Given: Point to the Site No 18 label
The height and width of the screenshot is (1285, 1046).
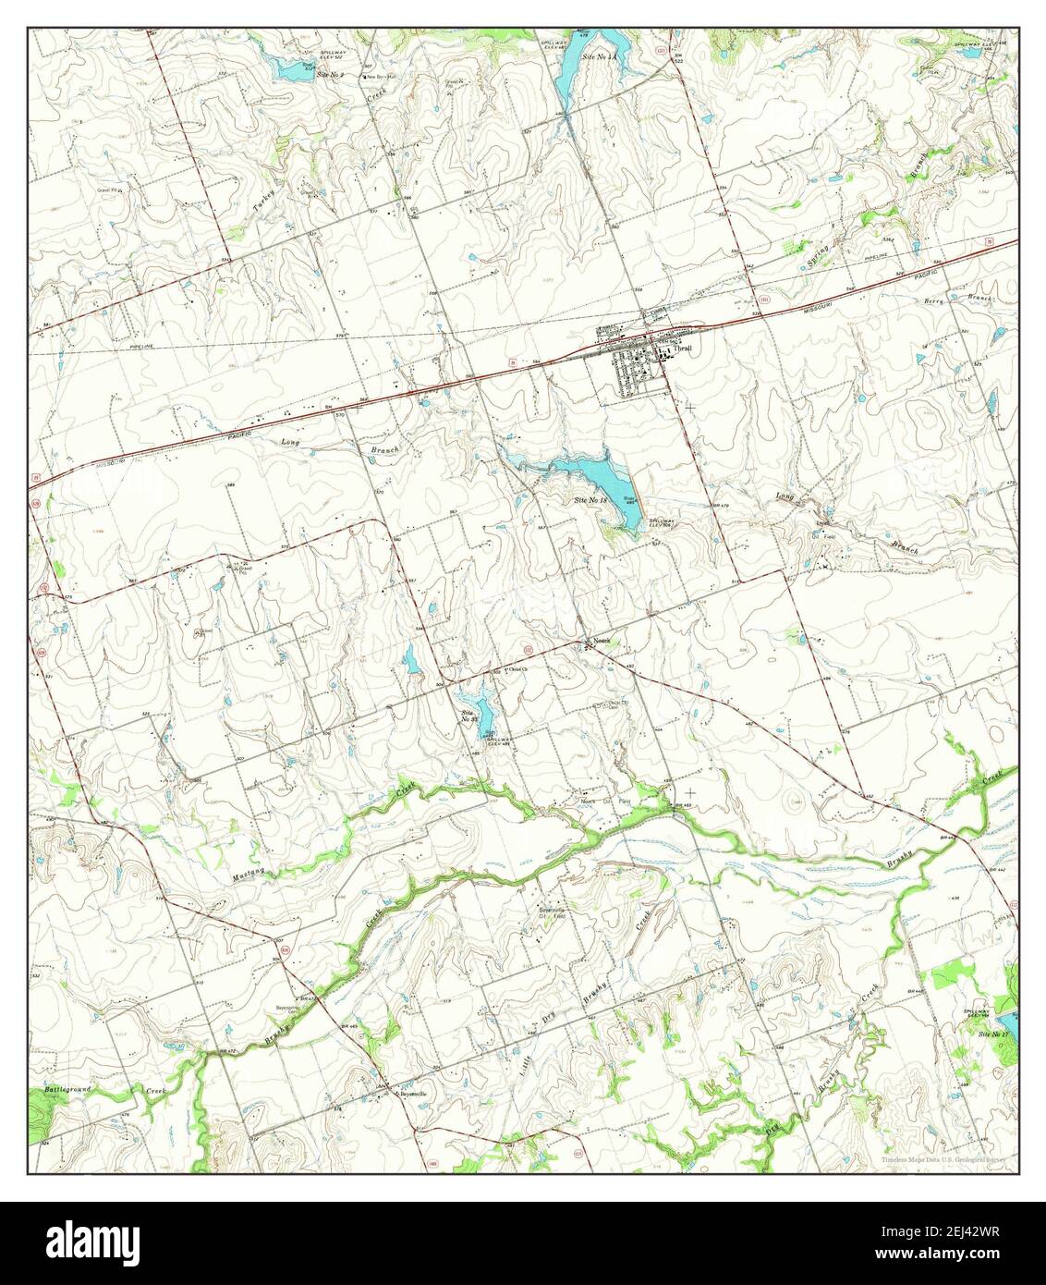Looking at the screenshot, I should coord(590,500).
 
